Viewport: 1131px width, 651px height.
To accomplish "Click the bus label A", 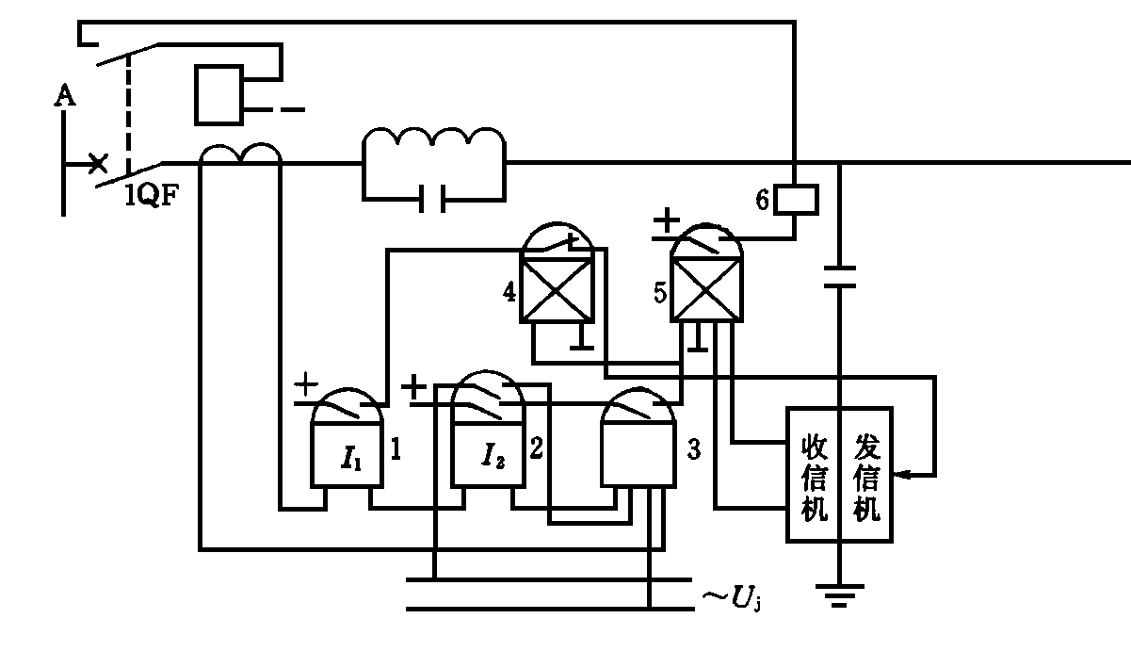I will point(64,94).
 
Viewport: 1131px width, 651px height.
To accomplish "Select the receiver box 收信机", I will point(813,476).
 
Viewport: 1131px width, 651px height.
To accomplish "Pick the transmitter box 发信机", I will point(865,476).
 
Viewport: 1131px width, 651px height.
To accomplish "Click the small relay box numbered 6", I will point(796,199).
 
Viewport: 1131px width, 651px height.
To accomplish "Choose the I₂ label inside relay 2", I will point(493,459).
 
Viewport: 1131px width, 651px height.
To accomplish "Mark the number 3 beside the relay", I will point(693,450).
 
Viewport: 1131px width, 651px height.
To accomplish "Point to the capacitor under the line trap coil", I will point(434,199).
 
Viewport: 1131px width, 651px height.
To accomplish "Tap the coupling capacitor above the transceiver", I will point(837,276).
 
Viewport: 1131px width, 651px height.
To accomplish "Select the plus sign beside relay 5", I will point(666,222).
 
